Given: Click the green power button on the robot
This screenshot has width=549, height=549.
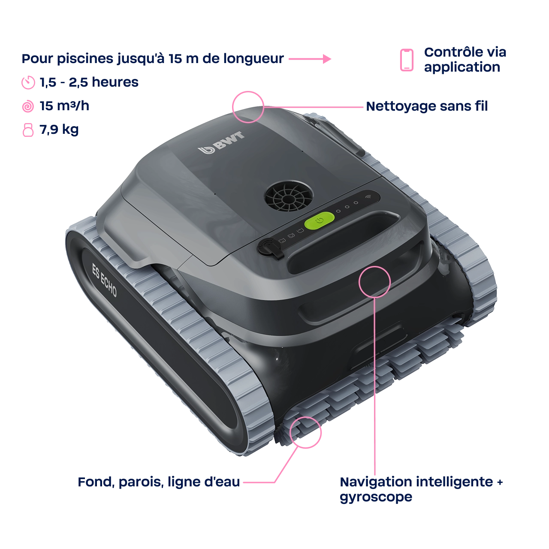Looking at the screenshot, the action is (319, 220).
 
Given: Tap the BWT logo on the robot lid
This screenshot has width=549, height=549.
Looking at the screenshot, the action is (221, 143).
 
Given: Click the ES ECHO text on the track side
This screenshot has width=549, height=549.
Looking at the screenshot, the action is (104, 281).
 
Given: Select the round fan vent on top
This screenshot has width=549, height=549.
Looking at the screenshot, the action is (289, 196).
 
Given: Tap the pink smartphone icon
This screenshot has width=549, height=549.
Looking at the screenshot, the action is (407, 60).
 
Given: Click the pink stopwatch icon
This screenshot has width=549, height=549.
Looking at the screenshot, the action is (28, 83).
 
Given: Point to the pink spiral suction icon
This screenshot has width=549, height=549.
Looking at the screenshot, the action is (28, 106).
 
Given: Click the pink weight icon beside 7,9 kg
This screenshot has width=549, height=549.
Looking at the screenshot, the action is (28, 130).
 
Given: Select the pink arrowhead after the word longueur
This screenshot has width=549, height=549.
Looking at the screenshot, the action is (327, 59).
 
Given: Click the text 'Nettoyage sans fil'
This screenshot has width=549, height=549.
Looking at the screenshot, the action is (427, 106).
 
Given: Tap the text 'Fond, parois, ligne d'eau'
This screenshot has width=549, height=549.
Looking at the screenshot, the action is (159, 482).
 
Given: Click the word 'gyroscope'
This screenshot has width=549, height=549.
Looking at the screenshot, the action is (376, 497).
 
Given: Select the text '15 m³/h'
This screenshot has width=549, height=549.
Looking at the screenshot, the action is (64, 106).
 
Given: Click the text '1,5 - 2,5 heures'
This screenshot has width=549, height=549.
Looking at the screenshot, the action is (89, 82).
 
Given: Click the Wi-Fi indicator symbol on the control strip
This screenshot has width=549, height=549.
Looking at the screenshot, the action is (368, 196).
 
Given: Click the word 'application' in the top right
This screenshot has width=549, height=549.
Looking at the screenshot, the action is (462, 67).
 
